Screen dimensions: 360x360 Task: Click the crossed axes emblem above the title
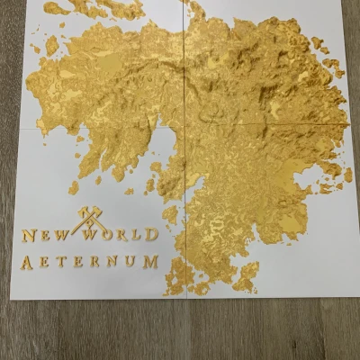90,219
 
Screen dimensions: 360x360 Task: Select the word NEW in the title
44,236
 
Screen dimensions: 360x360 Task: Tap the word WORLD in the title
121,235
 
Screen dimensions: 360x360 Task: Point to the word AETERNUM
90,262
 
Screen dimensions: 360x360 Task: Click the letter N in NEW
29,236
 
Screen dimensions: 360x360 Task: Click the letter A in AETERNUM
28,263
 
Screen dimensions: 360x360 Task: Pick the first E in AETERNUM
46,263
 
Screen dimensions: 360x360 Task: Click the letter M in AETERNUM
150,262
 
